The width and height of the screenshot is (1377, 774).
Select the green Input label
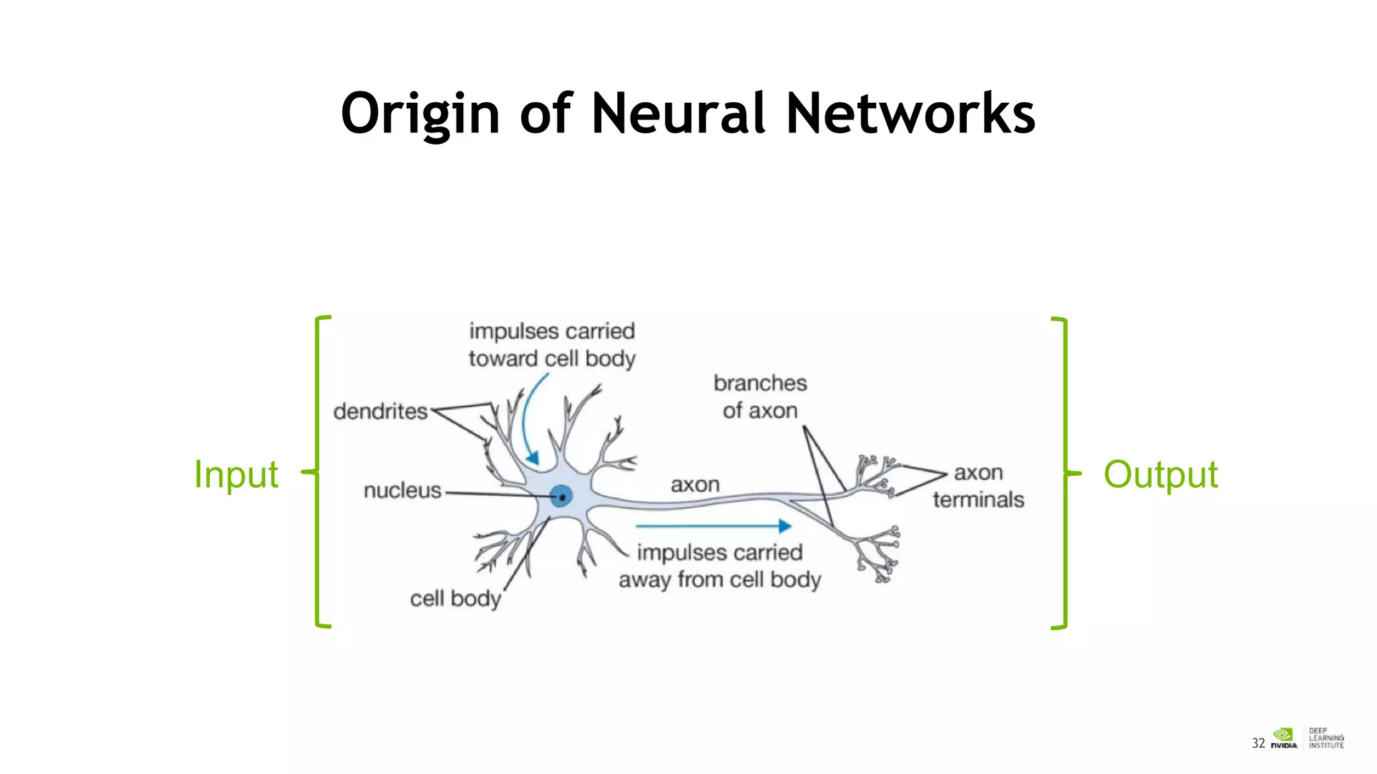[x=235, y=474]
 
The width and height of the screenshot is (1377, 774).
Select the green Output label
[x=1160, y=474]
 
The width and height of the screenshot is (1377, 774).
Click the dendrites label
[x=380, y=411]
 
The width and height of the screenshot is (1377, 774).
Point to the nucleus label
[x=402, y=490]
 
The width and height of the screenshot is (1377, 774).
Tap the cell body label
[x=455, y=598]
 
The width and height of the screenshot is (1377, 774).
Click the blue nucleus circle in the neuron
[x=561, y=497]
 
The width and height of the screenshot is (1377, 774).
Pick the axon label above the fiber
[x=695, y=484]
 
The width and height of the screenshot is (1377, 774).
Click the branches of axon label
[x=760, y=396]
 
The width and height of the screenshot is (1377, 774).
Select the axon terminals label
[x=978, y=486]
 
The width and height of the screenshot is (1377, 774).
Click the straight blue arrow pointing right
[x=713, y=526]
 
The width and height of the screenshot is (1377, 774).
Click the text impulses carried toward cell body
[x=551, y=345]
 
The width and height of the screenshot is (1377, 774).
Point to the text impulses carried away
[x=719, y=566]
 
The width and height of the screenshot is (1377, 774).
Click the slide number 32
[x=1258, y=742]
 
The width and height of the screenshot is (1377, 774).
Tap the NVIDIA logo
[x=1284, y=738]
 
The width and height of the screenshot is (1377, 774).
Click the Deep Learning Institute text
[x=1326, y=738]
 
